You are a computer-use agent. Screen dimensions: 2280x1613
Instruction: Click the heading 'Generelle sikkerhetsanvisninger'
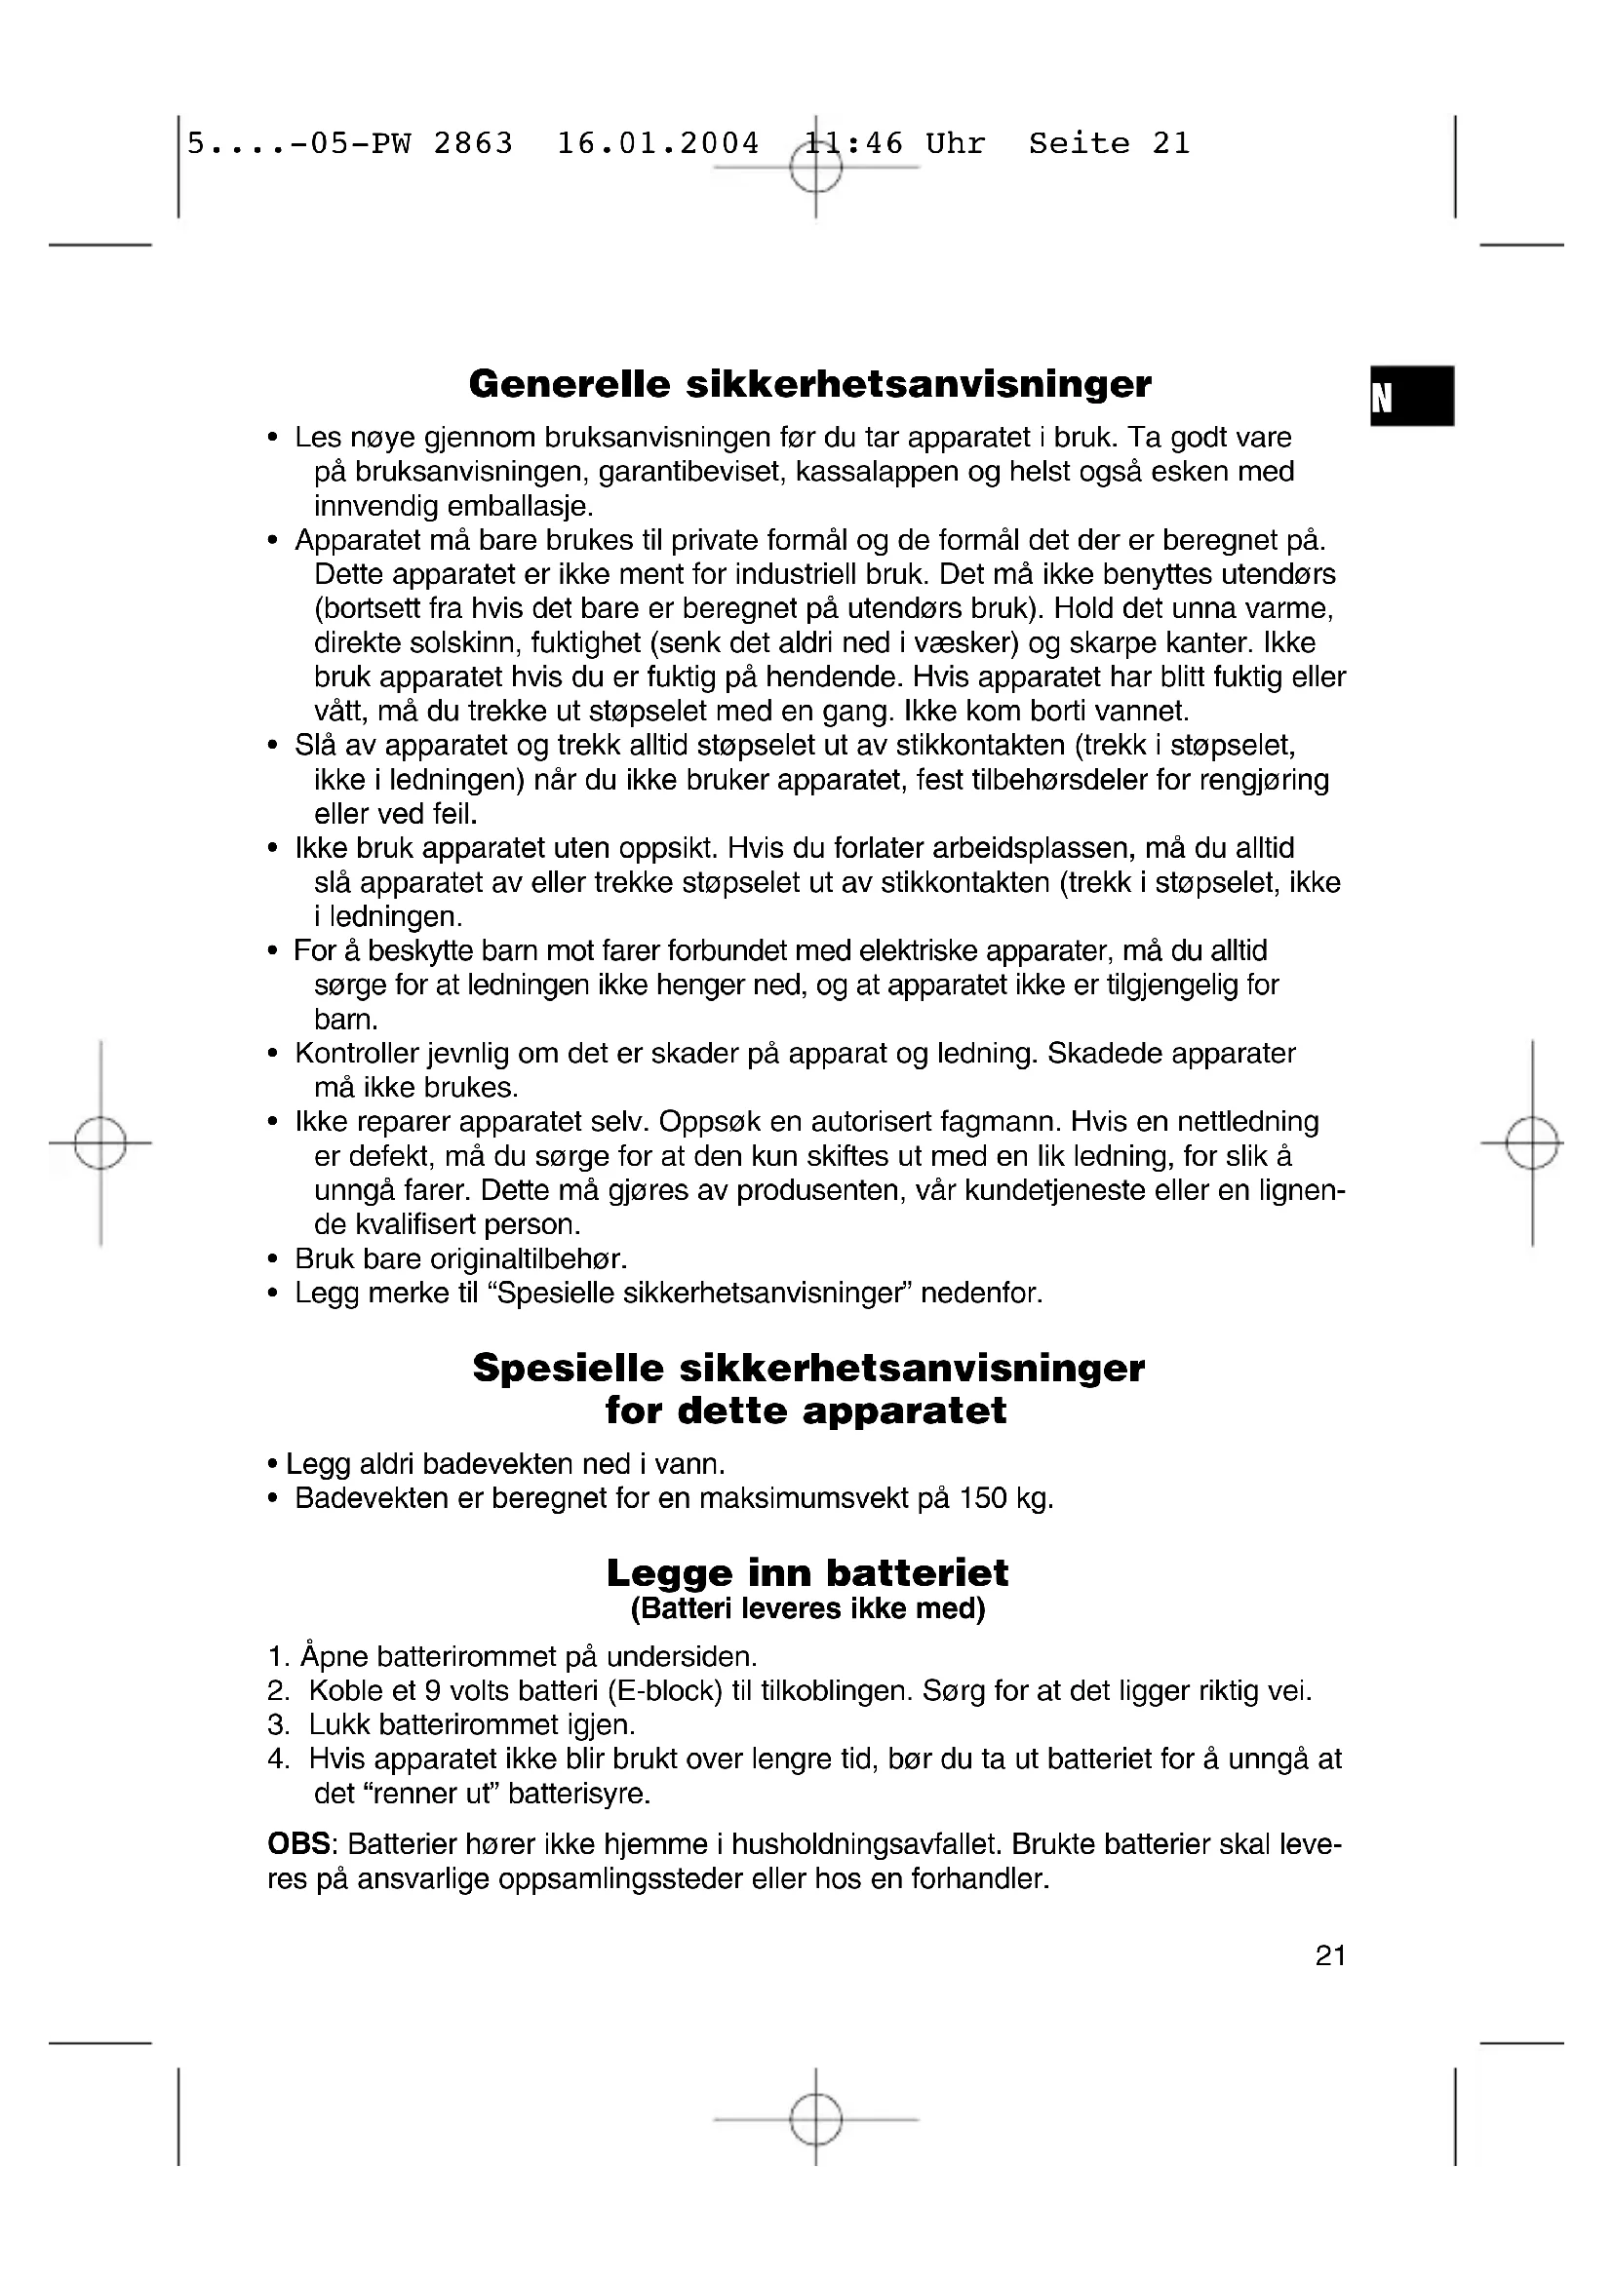[809, 384]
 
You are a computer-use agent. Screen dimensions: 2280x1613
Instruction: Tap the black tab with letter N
[1410, 396]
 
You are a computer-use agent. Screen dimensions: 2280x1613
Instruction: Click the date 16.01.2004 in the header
[657, 144]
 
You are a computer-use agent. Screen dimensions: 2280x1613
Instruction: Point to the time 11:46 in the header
[854, 144]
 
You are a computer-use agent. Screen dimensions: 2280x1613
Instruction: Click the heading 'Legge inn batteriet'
[806, 1573]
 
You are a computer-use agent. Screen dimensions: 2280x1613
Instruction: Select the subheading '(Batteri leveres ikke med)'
[807, 1608]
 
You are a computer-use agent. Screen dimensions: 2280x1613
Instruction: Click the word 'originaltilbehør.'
[529, 1259]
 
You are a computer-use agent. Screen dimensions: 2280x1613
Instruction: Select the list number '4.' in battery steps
[279, 1758]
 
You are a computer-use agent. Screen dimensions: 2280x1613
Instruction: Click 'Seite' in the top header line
[1079, 144]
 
